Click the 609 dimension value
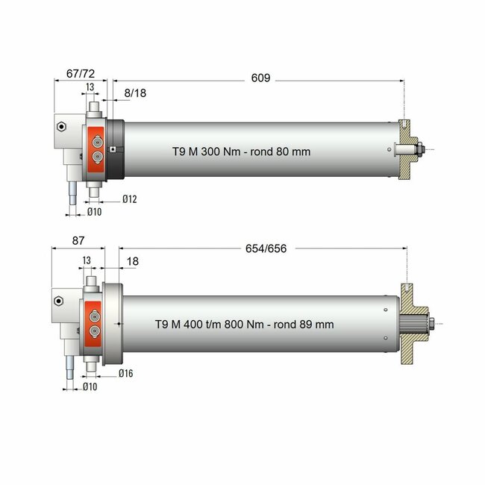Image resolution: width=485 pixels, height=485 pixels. pos(260,78)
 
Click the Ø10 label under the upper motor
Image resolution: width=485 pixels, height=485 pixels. pos(95,213)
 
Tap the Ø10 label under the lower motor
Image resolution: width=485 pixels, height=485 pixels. pos(90,387)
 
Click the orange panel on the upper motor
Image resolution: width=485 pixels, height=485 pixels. pos(97,148)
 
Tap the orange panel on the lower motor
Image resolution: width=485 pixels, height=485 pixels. pos(95,322)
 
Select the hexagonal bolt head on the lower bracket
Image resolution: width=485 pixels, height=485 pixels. pos(57,301)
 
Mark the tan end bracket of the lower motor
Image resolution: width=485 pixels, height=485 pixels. pos(411,322)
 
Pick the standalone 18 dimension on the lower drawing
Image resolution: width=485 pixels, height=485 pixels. pos(133,262)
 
